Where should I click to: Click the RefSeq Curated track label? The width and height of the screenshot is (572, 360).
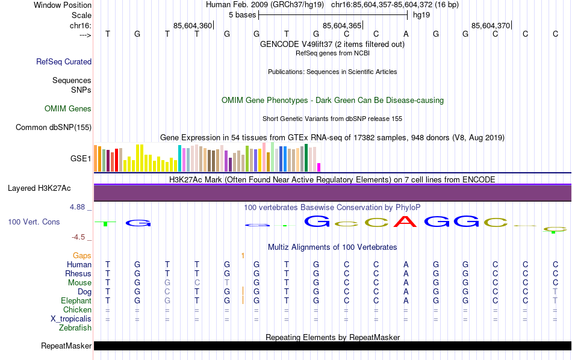[64, 61]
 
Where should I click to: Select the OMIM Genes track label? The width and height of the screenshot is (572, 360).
[68, 109]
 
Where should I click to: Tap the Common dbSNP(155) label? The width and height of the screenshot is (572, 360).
[54, 127]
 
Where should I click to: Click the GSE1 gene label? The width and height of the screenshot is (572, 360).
[81, 159]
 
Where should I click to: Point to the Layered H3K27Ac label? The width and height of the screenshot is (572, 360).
[49, 188]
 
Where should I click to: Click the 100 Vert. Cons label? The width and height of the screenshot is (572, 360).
[34, 222]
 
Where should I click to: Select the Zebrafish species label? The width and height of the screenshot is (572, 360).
[75, 328]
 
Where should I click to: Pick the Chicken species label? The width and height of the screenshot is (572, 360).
[77, 310]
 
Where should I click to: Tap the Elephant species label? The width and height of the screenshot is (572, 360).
[76, 301]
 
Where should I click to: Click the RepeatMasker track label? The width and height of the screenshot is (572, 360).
[66, 346]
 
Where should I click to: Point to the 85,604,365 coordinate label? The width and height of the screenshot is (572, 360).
[342, 25]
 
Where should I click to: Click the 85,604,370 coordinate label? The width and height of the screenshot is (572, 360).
[491, 25]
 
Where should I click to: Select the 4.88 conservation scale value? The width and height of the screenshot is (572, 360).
[78, 207]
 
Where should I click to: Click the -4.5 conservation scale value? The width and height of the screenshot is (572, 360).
[79, 237]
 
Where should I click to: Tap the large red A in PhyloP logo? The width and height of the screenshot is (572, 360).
[406, 222]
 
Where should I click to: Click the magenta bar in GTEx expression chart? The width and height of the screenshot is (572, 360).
[319, 167]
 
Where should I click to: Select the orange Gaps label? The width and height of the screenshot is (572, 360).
[82, 256]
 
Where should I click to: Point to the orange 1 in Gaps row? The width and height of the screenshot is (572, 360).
[242, 256]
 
